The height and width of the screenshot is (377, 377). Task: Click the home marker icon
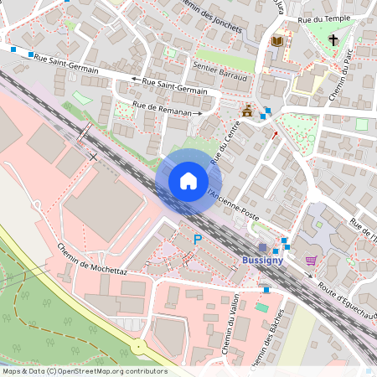[x=188, y=180]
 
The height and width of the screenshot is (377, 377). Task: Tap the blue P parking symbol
[x=198, y=240]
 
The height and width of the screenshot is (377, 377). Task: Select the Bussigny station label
[x=262, y=260]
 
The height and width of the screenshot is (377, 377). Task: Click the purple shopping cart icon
[x=312, y=260]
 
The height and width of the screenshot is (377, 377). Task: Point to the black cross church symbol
[x=333, y=39]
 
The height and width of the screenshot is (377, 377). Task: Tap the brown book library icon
[x=277, y=40]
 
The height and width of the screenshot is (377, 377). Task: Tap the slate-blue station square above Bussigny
[x=263, y=248]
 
